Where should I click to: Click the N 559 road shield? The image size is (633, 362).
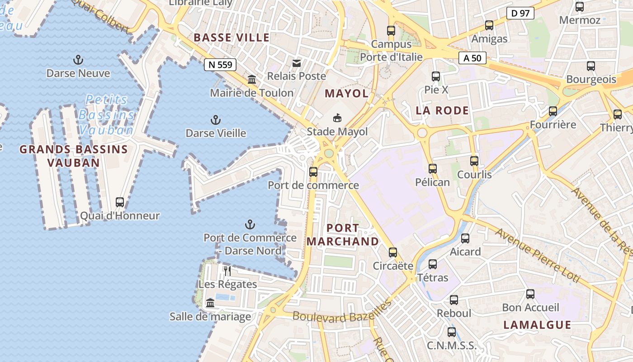pyautogui.click(x=221, y=65)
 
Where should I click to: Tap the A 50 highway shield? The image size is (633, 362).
pyautogui.click(x=472, y=58)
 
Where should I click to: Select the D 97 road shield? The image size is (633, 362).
pyautogui.click(x=520, y=13)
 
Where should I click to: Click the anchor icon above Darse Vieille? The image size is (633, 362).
pyautogui.click(x=216, y=120)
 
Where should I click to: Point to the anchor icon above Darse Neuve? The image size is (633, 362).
pyautogui.click(x=78, y=60)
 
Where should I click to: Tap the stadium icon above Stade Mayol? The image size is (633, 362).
pyautogui.click(x=337, y=119)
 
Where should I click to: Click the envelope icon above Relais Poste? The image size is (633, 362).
pyautogui.click(x=297, y=63)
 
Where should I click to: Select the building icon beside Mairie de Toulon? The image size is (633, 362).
pyautogui.click(x=252, y=80)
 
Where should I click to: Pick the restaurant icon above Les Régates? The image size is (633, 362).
pyautogui.click(x=227, y=271)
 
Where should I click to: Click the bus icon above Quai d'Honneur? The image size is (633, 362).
pyautogui.click(x=120, y=202)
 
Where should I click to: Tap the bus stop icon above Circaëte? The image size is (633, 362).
pyautogui.click(x=393, y=252)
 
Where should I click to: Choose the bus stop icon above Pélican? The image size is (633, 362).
pyautogui.click(x=433, y=169)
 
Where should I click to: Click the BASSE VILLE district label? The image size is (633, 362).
pyautogui.click(x=231, y=38)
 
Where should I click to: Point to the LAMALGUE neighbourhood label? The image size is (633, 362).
pyautogui.click(x=537, y=324)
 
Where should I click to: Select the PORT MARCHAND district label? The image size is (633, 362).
pyautogui.click(x=342, y=234)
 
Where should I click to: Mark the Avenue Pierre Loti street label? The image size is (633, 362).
pyautogui.click(x=538, y=256)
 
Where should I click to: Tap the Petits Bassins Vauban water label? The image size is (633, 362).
pyautogui.click(x=107, y=115)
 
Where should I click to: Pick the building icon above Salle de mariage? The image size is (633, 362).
pyautogui.click(x=210, y=303)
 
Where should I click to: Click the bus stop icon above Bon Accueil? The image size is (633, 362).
pyautogui.click(x=530, y=294)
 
